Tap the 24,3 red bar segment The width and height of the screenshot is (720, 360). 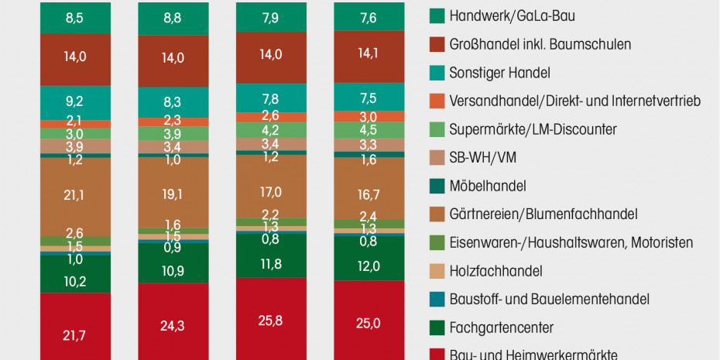(173, 327)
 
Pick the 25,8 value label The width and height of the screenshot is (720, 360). (270, 320)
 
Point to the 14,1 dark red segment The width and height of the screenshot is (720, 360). (369, 54)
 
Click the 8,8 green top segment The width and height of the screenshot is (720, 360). (173, 17)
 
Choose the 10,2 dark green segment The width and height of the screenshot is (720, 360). (74, 280)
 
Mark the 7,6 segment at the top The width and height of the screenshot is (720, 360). (369, 17)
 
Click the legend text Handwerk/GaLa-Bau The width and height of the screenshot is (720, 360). (512, 15)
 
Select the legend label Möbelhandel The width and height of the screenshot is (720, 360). (488, 186)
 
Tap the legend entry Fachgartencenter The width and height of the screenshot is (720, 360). (501, 327)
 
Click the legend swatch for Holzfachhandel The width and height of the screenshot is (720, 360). (437, 271)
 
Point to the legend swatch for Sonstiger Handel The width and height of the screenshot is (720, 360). (437, 73)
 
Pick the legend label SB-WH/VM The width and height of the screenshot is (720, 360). (482, 157)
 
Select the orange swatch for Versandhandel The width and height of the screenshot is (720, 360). (437, 101)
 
